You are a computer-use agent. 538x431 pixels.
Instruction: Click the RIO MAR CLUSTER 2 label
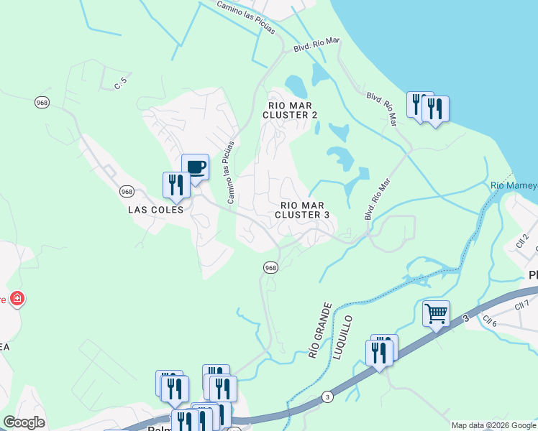[x=290, y=109]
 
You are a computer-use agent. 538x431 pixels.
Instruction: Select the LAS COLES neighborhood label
[x=155, y=210]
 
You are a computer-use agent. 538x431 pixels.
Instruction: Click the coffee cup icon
[x=196, y=167]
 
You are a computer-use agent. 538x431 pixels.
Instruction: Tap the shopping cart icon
[x=436, y=313]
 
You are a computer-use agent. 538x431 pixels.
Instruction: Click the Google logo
[x=24, y=422]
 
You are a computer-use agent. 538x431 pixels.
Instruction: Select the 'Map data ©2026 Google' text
[x=493, y=425]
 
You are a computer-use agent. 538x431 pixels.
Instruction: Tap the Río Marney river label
[x=514, y=186]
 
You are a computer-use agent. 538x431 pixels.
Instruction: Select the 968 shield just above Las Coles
[x=127, y=191]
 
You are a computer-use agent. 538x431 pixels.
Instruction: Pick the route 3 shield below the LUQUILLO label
[x=327, y=397]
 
